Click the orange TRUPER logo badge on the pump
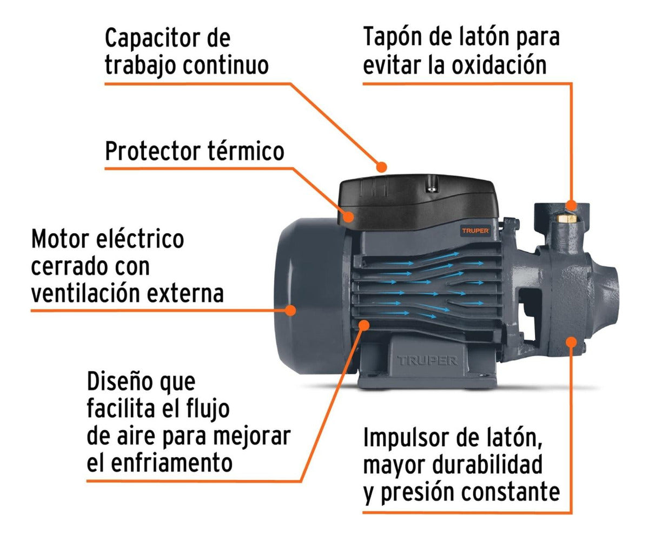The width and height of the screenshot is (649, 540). tap(475, 230)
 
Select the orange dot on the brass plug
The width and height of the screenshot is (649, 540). tap(571, 205)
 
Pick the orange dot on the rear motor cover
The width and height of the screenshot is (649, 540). tap(290, 310)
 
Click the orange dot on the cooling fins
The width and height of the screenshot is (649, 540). tap(363, 324)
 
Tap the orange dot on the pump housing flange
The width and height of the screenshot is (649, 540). tap(571, 341)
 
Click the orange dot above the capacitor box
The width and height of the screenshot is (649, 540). tap(382, 166)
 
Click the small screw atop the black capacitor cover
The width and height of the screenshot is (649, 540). tap(431, 188)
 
